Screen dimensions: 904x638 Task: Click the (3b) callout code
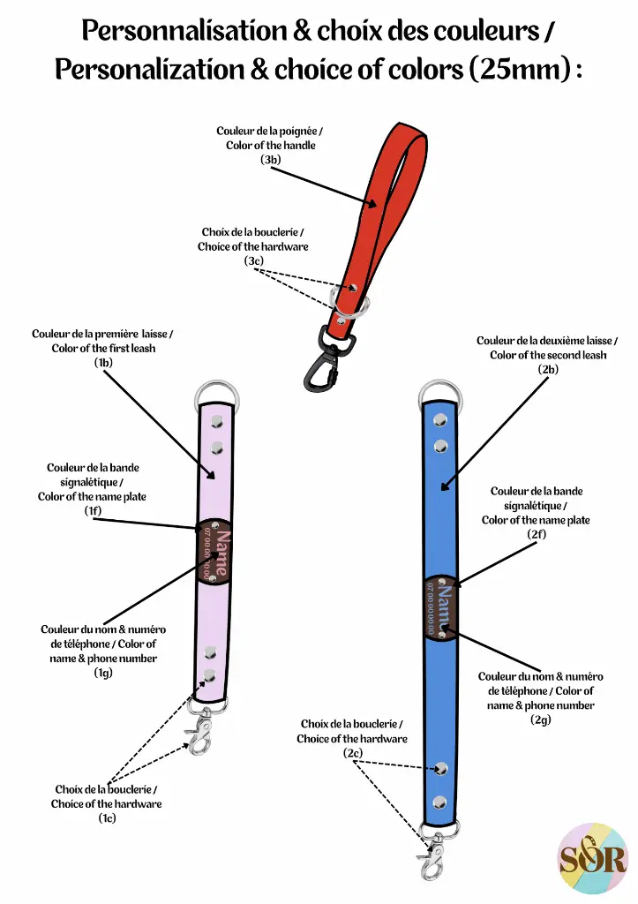[270, 160]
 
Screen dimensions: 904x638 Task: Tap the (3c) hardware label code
[254, 261]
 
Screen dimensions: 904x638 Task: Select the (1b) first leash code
[103, 363]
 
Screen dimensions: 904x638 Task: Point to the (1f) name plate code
[93, 511]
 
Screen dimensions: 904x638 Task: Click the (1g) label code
[103, 673]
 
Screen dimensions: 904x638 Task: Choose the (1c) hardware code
[107, 818]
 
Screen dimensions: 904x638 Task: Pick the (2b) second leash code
[548, 369]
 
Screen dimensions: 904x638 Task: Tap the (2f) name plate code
[536, 534]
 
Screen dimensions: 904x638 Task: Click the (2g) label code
[541, 719]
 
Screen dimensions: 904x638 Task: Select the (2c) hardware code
[352, 753]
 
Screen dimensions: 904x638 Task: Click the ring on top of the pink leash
[214, 391]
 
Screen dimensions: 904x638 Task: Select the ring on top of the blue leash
[439, 391]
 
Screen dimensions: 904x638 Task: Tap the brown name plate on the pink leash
[214, 552]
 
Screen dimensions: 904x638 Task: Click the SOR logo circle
[592, 859]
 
